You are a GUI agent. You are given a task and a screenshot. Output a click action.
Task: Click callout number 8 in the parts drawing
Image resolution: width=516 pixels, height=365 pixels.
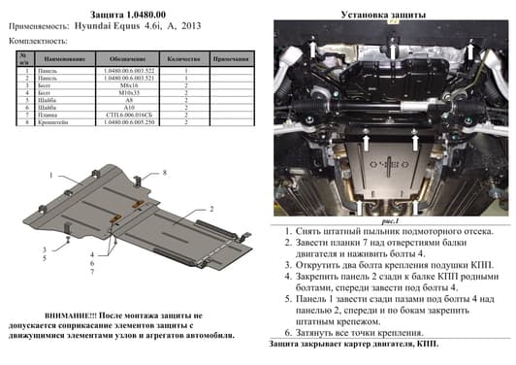165,172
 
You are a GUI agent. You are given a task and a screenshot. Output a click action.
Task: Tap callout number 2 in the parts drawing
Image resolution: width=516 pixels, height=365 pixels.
210,209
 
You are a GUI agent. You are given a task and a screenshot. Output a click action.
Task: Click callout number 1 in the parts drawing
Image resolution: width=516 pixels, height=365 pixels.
46,176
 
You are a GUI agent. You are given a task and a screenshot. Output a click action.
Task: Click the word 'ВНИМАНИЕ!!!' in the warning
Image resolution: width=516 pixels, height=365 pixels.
60,316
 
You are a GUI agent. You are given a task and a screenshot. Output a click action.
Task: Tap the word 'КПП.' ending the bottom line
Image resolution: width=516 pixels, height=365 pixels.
425,345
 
